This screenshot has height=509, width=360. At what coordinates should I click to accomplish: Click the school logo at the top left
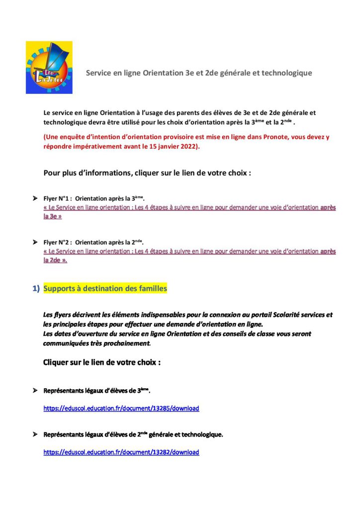[x=49, y=68]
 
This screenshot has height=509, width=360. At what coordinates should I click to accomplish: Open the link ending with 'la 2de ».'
[x=189, y=252]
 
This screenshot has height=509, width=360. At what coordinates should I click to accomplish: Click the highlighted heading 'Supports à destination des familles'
[x=105, y=288]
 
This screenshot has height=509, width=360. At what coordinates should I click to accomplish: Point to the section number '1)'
[x=36, y=289]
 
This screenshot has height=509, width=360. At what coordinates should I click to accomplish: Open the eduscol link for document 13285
[x=121, y=409]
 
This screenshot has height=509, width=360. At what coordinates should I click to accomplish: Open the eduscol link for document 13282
[x=121, y=452]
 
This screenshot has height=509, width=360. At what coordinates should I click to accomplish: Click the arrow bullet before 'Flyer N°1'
[x=35, y=198]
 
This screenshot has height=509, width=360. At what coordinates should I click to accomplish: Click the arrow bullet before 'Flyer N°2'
[x=35, y=242]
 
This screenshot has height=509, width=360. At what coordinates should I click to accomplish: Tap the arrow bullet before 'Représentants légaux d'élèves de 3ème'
[x=35, y=391]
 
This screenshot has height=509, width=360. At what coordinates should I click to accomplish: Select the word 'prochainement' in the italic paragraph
[x=126, y=343]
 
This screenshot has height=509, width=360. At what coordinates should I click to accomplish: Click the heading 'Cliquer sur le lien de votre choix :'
[x=102, y=362]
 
